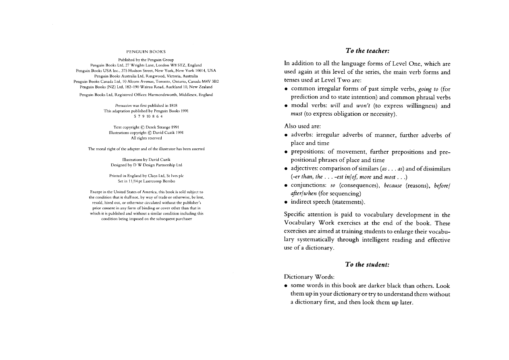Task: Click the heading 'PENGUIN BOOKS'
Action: coord(146,52)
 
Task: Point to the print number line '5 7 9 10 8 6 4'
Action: coord(146,117)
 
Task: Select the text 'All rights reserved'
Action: coord(146,138)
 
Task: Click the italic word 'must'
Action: coord(296,114)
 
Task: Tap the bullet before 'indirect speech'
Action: coord(286,202)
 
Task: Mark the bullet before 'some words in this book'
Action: coord(286,286)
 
